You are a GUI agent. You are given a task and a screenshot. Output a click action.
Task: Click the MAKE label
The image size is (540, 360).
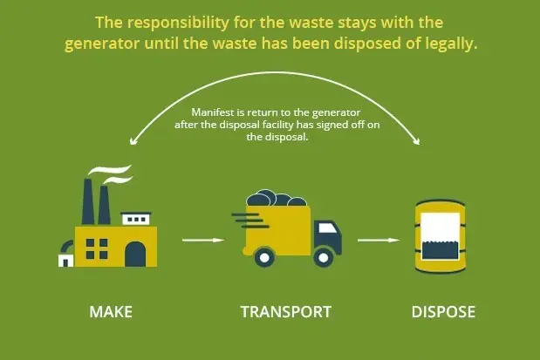pyautogui.click(x=111, y=312)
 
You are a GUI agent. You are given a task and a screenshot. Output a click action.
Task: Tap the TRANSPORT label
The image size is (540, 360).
pyautogui.click(x=286, y=312)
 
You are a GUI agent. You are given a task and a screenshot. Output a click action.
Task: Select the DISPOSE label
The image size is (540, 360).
pyautogui.click(x=443, y=312)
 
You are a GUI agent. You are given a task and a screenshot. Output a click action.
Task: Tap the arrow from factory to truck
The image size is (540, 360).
pyautogui.click(x=203, y=240)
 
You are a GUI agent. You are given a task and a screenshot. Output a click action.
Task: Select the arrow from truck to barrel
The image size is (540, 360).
pyautogui.click(x=379, y=240)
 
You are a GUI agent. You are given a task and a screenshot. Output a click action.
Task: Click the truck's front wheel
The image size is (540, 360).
pyautogui.click(x=323, y=257)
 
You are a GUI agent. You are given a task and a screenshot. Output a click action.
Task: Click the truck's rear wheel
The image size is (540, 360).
pyautogui.click(x=264, y=257)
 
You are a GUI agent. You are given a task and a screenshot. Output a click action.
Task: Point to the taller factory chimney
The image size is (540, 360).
pyautogui.click(x=88, y=201)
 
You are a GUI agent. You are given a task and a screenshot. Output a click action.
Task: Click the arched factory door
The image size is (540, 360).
pyautogui.click(x=135, y=254)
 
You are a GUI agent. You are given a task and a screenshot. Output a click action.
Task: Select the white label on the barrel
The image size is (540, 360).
pyautogui.click(x=441, y=236)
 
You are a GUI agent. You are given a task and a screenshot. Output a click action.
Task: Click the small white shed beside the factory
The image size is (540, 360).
pyautogui.click(x=65, y=261)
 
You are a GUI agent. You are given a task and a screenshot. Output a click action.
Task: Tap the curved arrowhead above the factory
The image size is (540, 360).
pyautogui.click(x=133, y=141)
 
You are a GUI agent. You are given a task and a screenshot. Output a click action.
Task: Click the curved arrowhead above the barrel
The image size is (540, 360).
pyautogui.click(x=417, y=141)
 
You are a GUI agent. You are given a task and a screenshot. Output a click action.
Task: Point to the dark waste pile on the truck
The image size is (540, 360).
pyautogui.click(x=276, y=198)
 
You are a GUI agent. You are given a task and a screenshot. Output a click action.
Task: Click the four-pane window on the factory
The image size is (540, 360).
pyautogui.click(x=97, y=248)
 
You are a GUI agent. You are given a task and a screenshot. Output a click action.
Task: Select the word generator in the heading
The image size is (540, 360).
pyautogui.click(x=102, y=44)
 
